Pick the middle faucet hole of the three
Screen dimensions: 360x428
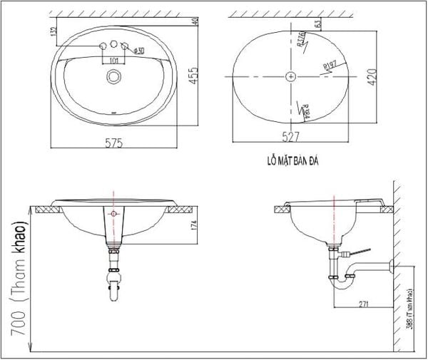tap(113, 46)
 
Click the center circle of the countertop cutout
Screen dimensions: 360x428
tap(290, 75)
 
